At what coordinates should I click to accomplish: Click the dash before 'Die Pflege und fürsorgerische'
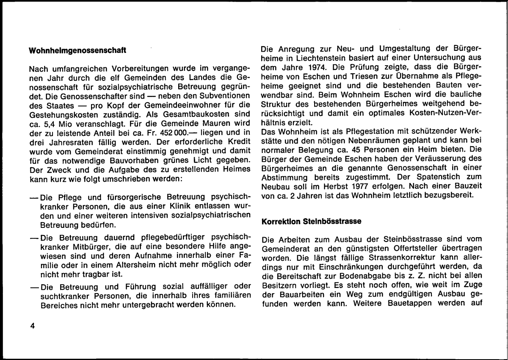tap(33, 197)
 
